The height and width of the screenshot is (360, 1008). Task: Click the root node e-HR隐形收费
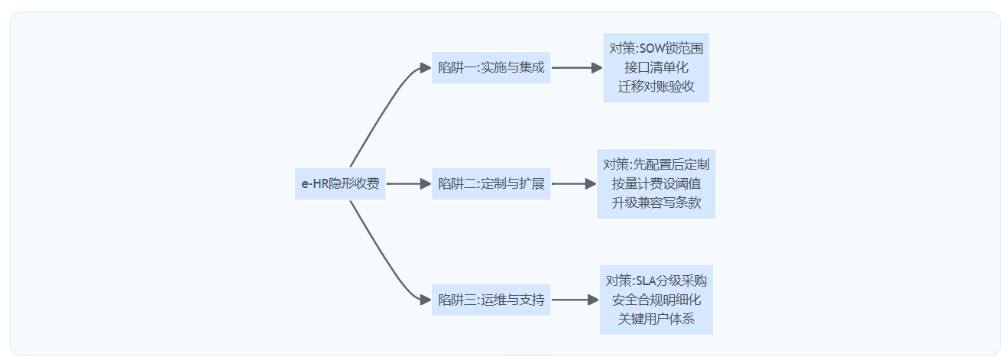(x=340, y=183)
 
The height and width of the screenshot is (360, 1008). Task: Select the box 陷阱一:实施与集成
(x=491, y=67)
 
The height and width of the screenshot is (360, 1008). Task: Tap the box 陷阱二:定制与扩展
(x=491, y=183)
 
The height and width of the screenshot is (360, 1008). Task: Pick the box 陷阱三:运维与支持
(x=491, y=300)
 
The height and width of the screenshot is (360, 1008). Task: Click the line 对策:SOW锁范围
(x=656, y=49)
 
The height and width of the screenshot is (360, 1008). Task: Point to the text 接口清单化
(x=656, y=67)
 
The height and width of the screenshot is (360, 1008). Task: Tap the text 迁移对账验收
(x=656, y=86)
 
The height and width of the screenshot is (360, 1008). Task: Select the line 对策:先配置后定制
(x=656, y=164)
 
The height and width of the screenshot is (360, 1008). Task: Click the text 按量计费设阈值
(x=656, y=183)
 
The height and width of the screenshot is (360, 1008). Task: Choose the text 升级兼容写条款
(x=656, y=203)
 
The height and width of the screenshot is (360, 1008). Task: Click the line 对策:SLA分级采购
(x=656, y=281)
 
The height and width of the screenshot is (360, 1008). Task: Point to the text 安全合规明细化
(x=656, y=300)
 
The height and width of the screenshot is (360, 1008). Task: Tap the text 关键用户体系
(x=656, y=319)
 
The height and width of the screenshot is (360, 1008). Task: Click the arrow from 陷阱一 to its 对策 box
(x=575, y=67)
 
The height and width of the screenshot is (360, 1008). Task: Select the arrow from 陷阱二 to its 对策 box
(x=572, y=183)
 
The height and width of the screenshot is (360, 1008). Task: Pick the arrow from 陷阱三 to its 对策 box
(x=574, y=300)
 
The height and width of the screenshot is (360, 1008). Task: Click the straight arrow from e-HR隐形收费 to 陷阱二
(x=408, y=183)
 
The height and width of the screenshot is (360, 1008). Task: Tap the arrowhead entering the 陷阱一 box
(x=426, y=67)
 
